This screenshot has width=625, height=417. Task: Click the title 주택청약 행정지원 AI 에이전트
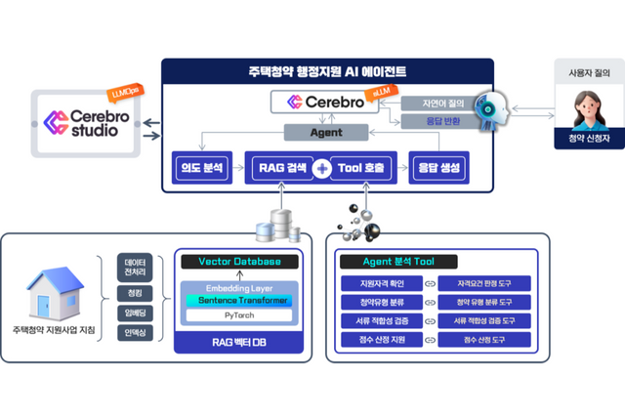click(x=328, y=72)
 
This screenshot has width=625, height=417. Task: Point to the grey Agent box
click(x=325, y=131)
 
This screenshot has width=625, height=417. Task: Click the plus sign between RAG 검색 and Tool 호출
click(x=322, y=168)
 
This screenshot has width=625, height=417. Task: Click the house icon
click(x=59, y=292)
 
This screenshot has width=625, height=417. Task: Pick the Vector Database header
click(x=239, y=262)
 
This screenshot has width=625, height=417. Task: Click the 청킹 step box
click(x=136, y=291)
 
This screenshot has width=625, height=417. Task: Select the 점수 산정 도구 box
click(x=479, y=340)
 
